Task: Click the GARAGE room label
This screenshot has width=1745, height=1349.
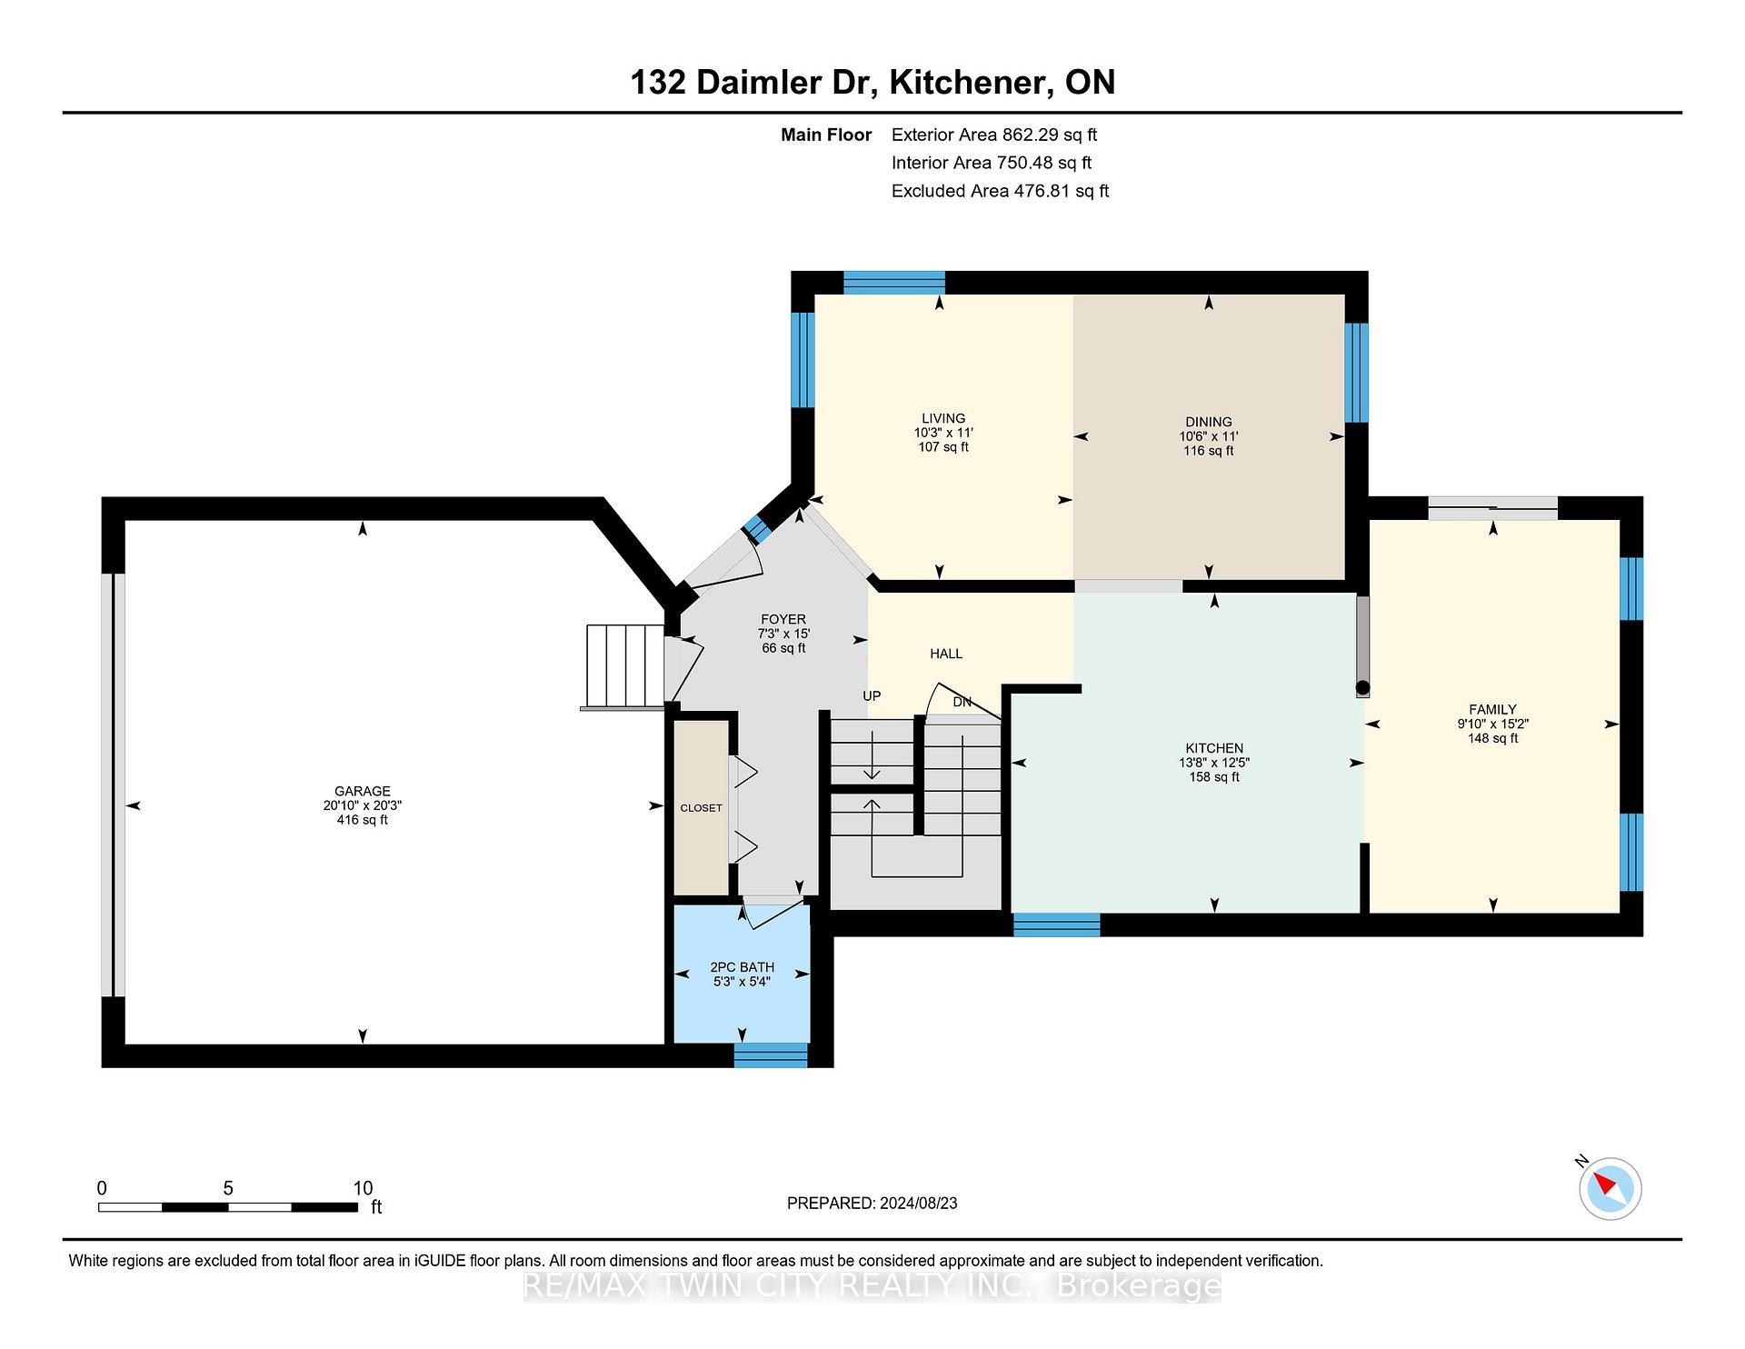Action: tap(362, 792)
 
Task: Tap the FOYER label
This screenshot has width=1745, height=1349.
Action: tap(783, 620)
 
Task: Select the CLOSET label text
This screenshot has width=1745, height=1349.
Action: tap(702, 808)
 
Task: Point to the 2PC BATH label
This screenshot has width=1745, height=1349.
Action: tap(743, 967)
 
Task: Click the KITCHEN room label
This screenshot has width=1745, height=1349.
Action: tap(1214, 749)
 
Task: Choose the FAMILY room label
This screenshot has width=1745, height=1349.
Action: tap(1493, 710)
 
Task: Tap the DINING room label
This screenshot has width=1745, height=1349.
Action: tap(1209, 422)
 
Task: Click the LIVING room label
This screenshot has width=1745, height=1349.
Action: tap(943, 419)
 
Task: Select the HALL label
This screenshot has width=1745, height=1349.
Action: tap(946, 654)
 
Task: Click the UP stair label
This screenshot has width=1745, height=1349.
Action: tap(872, 696)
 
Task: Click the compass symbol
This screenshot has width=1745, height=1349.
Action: tap(1610, 1188)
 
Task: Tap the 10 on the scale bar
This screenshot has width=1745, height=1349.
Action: tap(363, 1188)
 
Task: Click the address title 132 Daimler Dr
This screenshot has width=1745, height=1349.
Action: tap(753, 83)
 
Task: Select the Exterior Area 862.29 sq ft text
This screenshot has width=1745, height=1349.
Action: tap(994, 135)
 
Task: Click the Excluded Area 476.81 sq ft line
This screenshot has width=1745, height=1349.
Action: tap(1001, 191)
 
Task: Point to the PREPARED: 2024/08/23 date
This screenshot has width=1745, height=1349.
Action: tap(872, 1204)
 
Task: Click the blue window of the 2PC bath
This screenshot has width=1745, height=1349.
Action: tap(771, 1055)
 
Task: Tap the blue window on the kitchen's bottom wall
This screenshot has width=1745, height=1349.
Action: tap(1057, 925)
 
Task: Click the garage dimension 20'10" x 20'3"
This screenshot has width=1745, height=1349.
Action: tap(362, 805)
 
